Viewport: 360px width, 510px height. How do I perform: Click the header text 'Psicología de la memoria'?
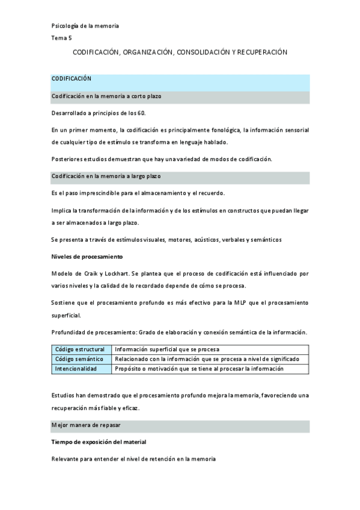[x=85, y=26]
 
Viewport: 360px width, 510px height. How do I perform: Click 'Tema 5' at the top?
[x=61, y=38]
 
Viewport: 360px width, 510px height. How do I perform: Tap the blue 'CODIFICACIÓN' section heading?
[x=71, y=78]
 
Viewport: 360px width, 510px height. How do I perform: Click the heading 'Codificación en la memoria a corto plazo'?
[x=106, y=96]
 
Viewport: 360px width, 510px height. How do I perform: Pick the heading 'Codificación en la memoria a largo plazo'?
[x=106, y=176]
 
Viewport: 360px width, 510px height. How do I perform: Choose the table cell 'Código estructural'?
[x=80, y=349]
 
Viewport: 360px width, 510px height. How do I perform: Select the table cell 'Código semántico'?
[x=79, y=359]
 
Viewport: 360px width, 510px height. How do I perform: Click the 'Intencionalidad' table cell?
[x=76, y=369]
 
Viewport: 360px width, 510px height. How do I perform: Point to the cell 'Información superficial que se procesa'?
[x=166, y=349]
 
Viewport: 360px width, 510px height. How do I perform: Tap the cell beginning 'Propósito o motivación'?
[x=198, y=369]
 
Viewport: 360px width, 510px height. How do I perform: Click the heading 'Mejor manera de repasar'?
[x=86, y=425]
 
